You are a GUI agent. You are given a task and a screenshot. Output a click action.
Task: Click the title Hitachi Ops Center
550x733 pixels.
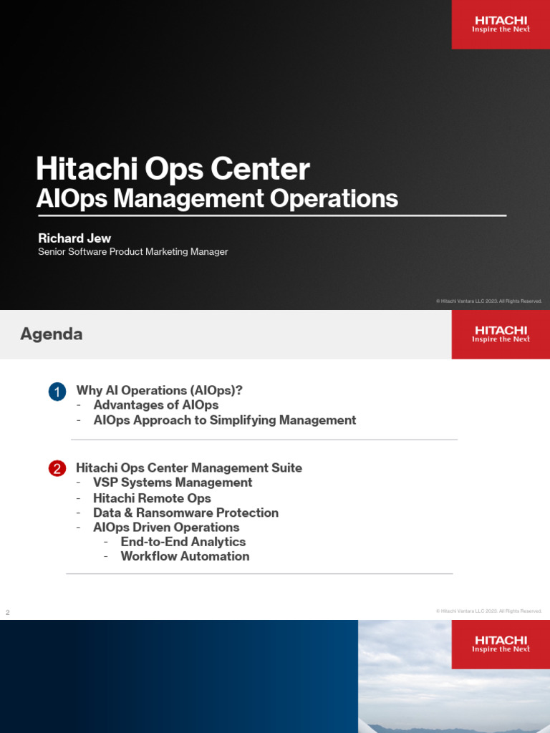[x=173, y=170]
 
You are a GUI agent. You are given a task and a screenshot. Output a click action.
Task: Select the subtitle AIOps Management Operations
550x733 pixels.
[x=217, y=198]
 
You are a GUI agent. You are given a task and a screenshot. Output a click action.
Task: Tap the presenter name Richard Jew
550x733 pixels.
[x=74, y=238]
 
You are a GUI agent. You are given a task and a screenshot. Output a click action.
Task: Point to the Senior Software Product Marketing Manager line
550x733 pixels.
[x=133, y=252]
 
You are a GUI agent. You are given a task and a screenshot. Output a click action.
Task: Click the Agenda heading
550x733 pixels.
[x=51, y=334]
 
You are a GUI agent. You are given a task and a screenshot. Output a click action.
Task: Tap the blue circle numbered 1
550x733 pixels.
[x=57, y=392]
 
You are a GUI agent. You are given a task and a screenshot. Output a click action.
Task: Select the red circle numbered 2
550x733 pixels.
[x=57, y=469]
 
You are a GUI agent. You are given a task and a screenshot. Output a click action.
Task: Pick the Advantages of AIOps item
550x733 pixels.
[x=155, y=405]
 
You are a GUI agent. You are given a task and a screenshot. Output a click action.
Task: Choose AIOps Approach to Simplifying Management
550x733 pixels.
[x=224, y=420]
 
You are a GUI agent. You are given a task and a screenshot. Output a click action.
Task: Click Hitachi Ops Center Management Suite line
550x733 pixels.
[x=189, y=467]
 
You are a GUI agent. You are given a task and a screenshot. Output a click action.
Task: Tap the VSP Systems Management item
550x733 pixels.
[x=173, y=482]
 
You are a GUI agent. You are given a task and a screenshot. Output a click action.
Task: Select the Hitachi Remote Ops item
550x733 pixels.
[x=152, y=497]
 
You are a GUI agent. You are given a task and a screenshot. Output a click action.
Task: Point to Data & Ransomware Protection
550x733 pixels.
[x=185, y=513]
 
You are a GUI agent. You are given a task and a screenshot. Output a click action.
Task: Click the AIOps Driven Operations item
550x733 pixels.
[x=166, y=527]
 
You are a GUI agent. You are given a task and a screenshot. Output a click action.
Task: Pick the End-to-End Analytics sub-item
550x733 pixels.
[x=183, y=542]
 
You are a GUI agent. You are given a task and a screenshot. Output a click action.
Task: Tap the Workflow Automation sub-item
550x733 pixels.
[x=185, y=556]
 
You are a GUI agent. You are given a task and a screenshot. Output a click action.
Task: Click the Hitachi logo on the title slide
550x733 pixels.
[x=501, y=24]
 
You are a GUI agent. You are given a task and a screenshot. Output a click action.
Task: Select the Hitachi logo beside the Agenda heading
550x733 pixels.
[x=501, y=334]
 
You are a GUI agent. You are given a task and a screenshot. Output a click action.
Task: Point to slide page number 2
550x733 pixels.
[x=8, y=613]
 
